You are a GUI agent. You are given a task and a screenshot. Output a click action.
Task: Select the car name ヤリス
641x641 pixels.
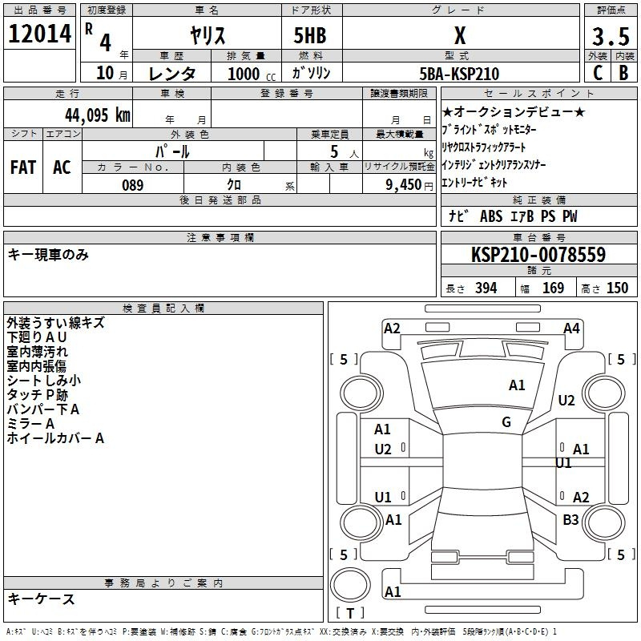pyautogui.click(x=207, y=36)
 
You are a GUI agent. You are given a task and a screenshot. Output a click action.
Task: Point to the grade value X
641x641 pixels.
pyautogui.click(x=460, y=36)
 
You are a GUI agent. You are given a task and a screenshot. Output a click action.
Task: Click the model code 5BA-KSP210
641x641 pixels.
pyautogui.click(x=460, y=74)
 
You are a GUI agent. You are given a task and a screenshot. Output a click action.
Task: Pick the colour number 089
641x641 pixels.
pyautogui.click(x=132, y=185)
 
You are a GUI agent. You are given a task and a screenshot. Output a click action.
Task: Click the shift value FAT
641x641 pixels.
pyautogui.click(x=23, y=167)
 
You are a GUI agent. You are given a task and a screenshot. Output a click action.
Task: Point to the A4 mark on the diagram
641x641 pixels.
pyautogui.click(x=571, y=328)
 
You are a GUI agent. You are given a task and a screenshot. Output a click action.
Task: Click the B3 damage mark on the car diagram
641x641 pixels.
pyautogui.click(x=570, y=520)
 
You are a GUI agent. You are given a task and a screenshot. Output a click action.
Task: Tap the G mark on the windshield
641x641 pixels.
pyautogui.click(x=506, y=422)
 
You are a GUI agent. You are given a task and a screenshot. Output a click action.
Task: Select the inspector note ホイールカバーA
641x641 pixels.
pyautogui.click(x=55, y=438)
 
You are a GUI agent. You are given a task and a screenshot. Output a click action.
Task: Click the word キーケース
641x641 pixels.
pyautogui.click(x=41, y=599)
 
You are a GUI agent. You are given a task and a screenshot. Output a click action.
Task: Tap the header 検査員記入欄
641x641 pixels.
pyautogui.click(x=163, y=308)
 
